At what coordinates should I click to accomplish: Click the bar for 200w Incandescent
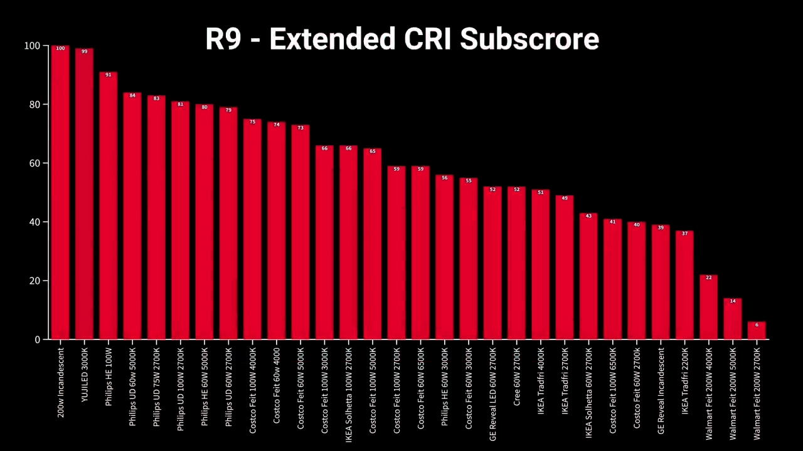coord(60,194)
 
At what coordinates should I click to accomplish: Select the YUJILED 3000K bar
coord(84,194)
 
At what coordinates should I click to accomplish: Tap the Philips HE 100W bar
coord(108,207)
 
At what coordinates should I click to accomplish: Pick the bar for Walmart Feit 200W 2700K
coord(757,331)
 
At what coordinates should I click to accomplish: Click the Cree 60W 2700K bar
coord(516,263)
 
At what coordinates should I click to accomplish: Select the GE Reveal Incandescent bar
coord(661,282)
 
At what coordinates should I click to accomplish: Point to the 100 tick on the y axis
coord(32,46)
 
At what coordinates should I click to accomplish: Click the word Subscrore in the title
coord(529,39)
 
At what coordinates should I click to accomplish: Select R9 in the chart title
coord(223,39)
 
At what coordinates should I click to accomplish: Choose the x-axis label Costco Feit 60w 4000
coord(277,385)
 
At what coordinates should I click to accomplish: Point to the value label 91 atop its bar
coord(108,75)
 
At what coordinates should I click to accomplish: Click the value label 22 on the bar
coord(709,277)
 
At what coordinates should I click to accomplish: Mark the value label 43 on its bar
coord(588,216)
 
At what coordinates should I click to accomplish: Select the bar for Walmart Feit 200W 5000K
coord(733,319)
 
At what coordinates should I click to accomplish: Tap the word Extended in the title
coord(332,39)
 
